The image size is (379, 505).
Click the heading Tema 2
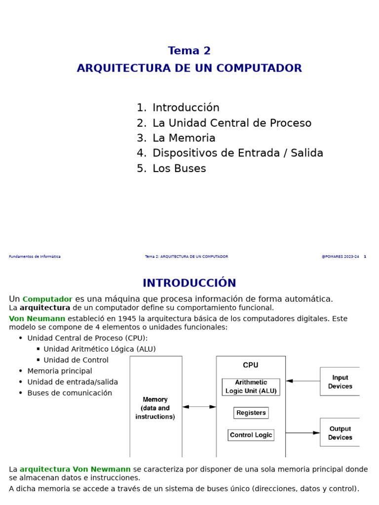189,51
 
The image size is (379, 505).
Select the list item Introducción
186,108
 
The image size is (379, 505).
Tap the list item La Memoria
184,138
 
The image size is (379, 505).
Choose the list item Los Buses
179,169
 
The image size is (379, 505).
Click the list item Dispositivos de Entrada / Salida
237,153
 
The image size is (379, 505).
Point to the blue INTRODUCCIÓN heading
189,283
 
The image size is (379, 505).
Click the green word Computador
47,299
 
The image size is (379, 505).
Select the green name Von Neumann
37,319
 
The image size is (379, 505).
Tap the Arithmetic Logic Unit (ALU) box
251,387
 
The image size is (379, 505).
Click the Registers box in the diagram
251,413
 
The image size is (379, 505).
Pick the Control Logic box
251,435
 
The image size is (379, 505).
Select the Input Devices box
340,382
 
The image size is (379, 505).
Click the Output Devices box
340,433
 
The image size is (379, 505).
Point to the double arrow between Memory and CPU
199,407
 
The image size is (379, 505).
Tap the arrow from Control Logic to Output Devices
303,433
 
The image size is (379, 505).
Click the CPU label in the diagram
250,365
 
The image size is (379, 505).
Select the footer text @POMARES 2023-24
340,257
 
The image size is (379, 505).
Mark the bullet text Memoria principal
60,371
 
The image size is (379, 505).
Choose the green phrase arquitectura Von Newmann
75,469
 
